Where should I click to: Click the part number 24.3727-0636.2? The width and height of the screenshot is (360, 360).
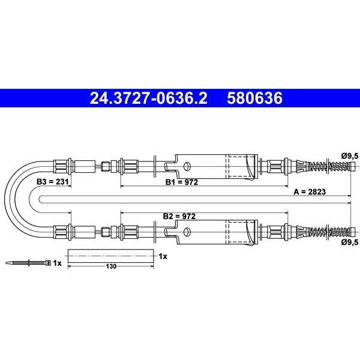tap(149, 98)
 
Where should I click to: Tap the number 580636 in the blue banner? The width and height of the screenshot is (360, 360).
tap(254, 98)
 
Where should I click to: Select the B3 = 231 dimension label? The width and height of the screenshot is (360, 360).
tap(53, 182)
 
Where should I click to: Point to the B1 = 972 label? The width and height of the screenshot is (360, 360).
tap(182, 182)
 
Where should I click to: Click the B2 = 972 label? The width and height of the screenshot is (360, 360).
tap(179, 216)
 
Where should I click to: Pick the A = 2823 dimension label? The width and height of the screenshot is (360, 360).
tap(310, 191)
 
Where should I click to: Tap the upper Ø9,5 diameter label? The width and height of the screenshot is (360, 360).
tap(350, 156)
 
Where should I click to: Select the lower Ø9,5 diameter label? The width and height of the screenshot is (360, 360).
tap(350, 242)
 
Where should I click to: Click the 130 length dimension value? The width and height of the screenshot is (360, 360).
tap(111, 266)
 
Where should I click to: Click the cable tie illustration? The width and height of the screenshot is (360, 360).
tap(28, 263)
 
